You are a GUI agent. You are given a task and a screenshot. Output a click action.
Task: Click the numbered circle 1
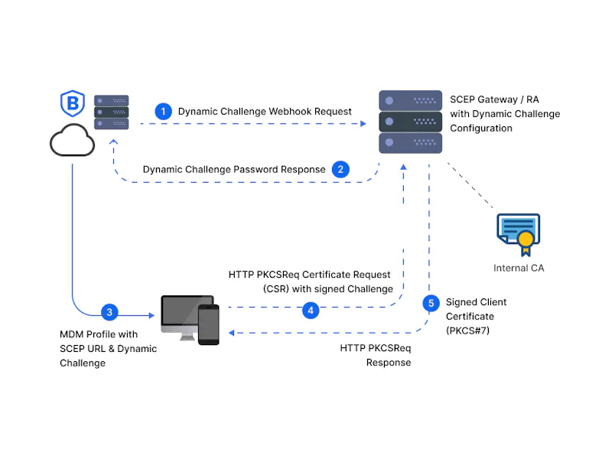[x=163, y=111]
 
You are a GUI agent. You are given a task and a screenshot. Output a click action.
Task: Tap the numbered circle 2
[x=340, y=169]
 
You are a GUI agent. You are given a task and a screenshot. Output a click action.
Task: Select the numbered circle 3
[x=109, y=312]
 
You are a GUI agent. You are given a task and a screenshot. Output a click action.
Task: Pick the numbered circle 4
[x=311, y=311]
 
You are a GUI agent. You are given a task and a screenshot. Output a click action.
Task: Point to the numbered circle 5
[x=431, y=303]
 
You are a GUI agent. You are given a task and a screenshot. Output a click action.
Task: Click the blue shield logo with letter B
[x=73, y=103]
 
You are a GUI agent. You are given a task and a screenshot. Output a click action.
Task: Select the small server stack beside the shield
[x=111, y=112]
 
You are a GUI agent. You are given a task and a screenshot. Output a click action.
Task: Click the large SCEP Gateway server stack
[x=410, y=122]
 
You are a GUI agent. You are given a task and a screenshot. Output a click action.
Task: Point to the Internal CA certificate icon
[x=519, y=234]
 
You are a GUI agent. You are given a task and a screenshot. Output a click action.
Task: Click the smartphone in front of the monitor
[x=208, y=324]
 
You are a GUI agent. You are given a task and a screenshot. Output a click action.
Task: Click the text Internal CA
[x=519, y=269]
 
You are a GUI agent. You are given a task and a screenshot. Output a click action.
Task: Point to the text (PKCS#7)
[x=467, y=331]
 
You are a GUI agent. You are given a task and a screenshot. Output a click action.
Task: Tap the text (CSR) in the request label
[x=276, y=289]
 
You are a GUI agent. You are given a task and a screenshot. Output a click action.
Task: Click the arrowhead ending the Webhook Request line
[x=363, y=124]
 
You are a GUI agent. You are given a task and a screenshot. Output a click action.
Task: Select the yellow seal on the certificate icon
[x=526, y=238]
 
